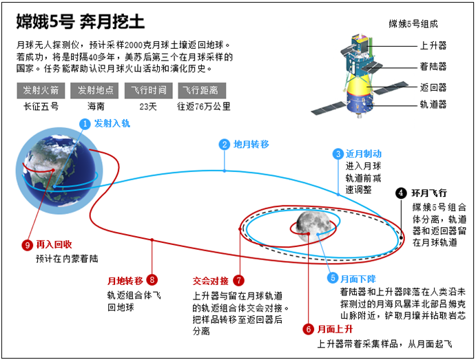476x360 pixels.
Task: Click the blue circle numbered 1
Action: (85, 124)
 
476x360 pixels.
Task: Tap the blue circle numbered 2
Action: (225, 145)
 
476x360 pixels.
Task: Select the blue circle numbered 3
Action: (338, 153)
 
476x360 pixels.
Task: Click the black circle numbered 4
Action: (401, 193)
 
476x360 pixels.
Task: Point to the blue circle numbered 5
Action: (333, 278)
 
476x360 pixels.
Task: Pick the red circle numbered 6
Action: (308, 329)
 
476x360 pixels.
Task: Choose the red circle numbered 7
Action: (239, 280)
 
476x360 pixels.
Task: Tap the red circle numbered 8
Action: (152, 279)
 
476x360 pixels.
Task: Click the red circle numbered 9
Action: (28, 245)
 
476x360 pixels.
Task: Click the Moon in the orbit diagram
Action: (313, 227)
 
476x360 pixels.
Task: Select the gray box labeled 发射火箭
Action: (41, 90)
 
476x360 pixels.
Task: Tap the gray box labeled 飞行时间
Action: (148, 90)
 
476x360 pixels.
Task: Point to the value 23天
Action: (148, 107)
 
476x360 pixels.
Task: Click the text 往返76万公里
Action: (204, 107)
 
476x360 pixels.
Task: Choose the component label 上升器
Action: (433, 46)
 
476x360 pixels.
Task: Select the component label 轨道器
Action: (433, 105)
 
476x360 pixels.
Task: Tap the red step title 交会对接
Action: (211, 281)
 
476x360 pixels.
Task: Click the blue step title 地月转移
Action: (251, 145)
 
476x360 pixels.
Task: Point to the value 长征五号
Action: (41, 107)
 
